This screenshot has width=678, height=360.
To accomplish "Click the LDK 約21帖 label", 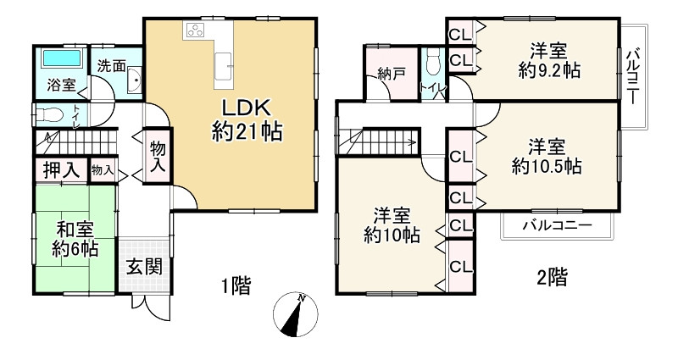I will tap(246, 119).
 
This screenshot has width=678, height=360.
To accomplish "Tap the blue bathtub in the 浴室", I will tap(58, 60).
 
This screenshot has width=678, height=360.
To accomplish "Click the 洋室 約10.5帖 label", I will tap(547, 155).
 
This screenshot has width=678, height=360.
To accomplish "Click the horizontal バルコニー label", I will tap(556, 225).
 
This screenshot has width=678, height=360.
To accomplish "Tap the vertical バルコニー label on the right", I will tap(632, 75).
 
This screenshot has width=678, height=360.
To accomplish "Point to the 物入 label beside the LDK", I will tap(158, 157).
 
